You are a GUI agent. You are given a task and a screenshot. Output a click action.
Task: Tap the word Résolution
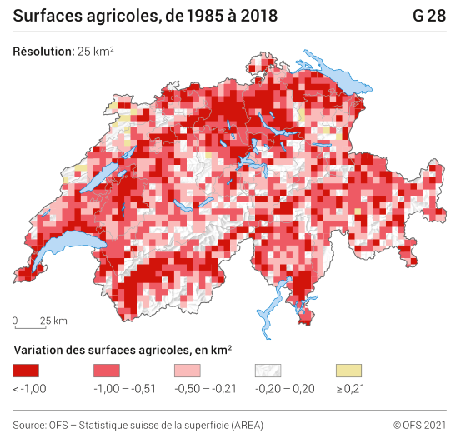(x=43, y=52)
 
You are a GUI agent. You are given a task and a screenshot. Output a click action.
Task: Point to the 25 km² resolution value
(x=96, y=52)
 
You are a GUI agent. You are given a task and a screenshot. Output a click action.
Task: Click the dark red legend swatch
(x=27, y=370)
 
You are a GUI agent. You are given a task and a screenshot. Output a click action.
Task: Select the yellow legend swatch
(x=348, y=370)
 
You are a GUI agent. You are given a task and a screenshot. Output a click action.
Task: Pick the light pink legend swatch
(x=187, y=370)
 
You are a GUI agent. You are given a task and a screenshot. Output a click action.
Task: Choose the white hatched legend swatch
(x=268, y=370)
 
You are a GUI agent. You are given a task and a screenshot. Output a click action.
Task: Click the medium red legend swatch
(x=107, y=370)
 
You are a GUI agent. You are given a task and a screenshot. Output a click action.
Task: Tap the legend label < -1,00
(x=30, y=388)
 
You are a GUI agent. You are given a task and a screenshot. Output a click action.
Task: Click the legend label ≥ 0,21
(x=350, y=388)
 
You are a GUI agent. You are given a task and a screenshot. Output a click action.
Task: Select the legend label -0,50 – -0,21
(x=204, y=388)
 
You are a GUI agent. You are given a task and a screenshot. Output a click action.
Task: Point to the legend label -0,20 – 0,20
(x=284, y=388)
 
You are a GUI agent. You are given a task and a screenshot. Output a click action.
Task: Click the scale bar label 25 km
(x=54, y=321)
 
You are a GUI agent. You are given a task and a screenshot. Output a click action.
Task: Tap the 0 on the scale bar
(x=15, y=321)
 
